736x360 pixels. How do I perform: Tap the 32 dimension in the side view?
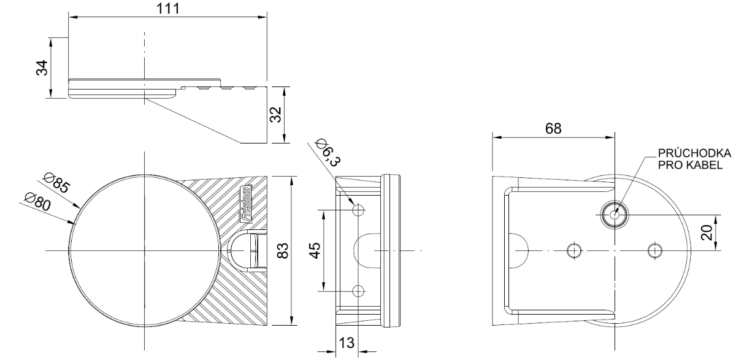276,115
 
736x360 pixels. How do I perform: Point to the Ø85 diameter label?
56,183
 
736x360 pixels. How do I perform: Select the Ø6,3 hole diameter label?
328,153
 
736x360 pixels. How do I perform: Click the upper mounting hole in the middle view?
359,210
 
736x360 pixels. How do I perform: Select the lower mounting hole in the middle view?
359,291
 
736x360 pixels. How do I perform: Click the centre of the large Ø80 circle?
144,251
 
